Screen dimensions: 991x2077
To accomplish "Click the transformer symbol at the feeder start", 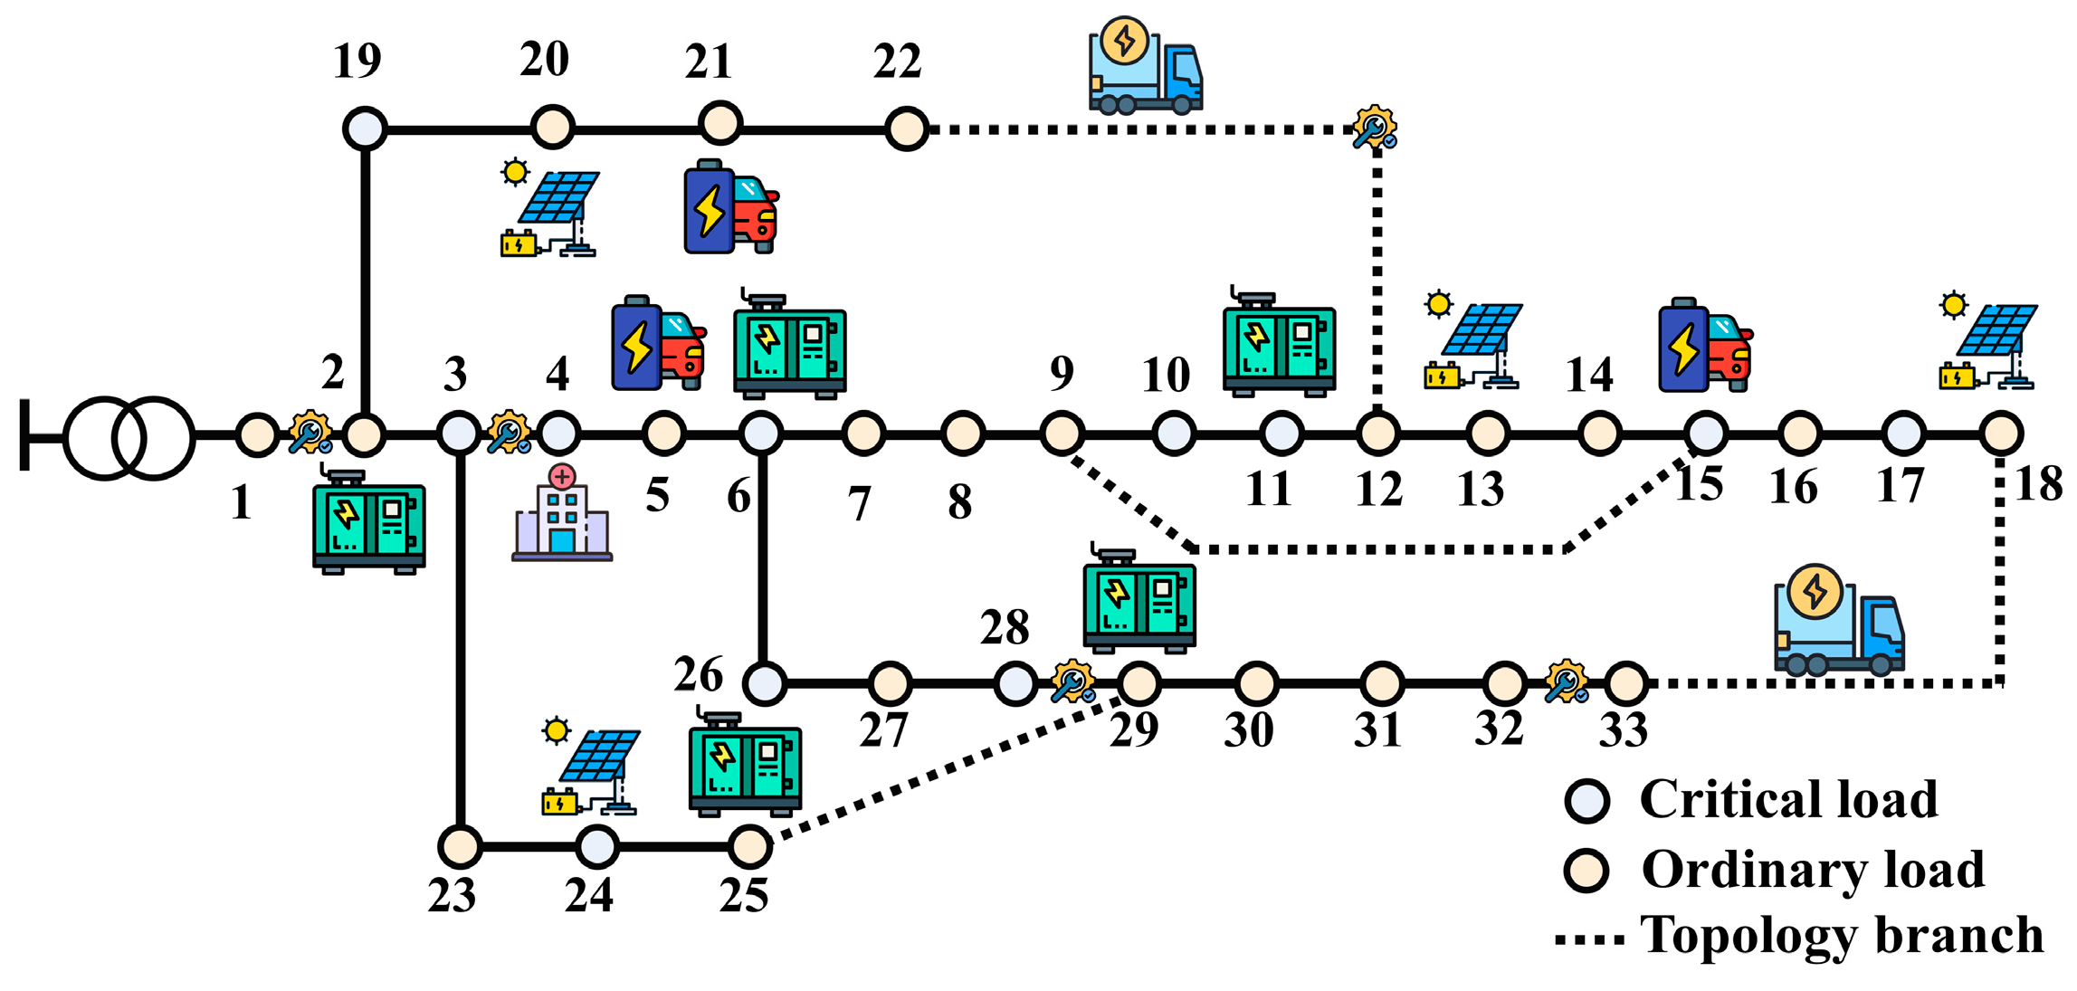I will click(x=129, y=438).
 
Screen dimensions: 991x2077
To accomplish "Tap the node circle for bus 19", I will click(x=365, y=129).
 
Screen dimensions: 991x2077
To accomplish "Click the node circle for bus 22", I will click(x=906, y=129).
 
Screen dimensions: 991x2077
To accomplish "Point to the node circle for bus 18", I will click(x=2001, y=434).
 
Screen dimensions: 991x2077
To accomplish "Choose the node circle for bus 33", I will click(x=1626, y=684).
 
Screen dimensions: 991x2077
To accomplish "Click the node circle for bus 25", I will click(x=749, y=847).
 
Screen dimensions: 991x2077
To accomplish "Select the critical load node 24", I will click(x=597, y=847).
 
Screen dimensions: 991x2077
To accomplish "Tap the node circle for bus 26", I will click(x=765, y=684).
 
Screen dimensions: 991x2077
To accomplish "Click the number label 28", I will click(x=1005, y=627).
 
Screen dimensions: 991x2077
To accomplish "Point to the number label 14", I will click(x=1589, y=375).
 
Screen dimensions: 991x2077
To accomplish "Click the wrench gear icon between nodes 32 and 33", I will click(x=1567, y=682).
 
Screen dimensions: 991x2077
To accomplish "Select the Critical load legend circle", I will click(x=1586, y=801).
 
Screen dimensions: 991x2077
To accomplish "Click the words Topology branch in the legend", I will click(x=1842, y=936).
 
